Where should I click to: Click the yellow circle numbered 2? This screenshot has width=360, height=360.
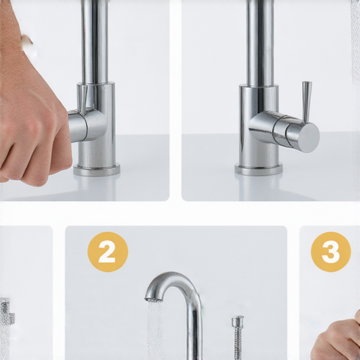coord(108,252)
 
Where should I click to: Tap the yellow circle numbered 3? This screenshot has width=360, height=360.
coord(331,252)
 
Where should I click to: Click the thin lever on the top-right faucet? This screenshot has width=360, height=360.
coord(306,102)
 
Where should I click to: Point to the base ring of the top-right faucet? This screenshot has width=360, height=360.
coord(259,170)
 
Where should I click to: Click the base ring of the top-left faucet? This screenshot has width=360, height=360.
coord(96,170)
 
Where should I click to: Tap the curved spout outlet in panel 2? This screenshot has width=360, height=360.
coord(153,296)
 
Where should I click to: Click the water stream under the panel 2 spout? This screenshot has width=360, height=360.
coord(155,330)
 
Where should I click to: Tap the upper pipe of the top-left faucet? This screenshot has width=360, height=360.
coord(94,41)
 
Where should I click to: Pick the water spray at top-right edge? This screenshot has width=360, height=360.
coord(355,42)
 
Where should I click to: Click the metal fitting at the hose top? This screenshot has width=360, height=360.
coord(238,322)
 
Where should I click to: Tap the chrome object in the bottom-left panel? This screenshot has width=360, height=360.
coord(6,311)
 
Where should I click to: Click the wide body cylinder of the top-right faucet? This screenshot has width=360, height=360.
coord(259,126)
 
